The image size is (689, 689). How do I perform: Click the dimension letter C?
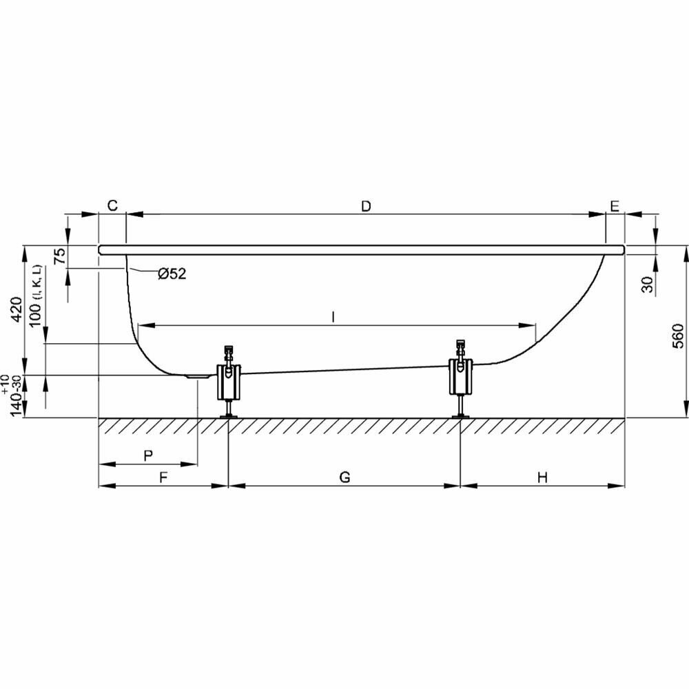(113, 206)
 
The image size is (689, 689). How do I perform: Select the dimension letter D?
(366, 206)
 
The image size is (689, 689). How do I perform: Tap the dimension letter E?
(615, 206)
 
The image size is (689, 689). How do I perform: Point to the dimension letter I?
(333, 316)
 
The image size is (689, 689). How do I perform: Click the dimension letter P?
(147, 455)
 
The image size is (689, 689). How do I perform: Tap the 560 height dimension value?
(678, 336)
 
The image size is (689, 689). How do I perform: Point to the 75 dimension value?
(61, 257)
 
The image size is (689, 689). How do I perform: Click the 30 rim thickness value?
(648, 283)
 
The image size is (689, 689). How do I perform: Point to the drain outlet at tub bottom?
(198, 376)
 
